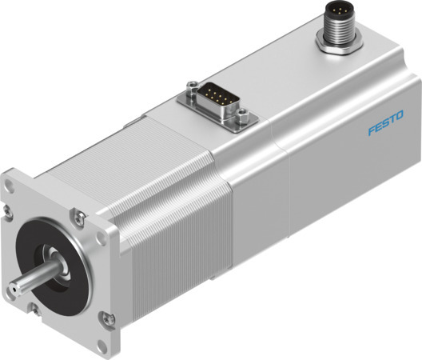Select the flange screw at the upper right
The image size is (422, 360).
pyautogui.click(x=78, y=216)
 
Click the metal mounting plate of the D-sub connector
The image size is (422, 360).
pyautogui.click(x=216, y=108)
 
